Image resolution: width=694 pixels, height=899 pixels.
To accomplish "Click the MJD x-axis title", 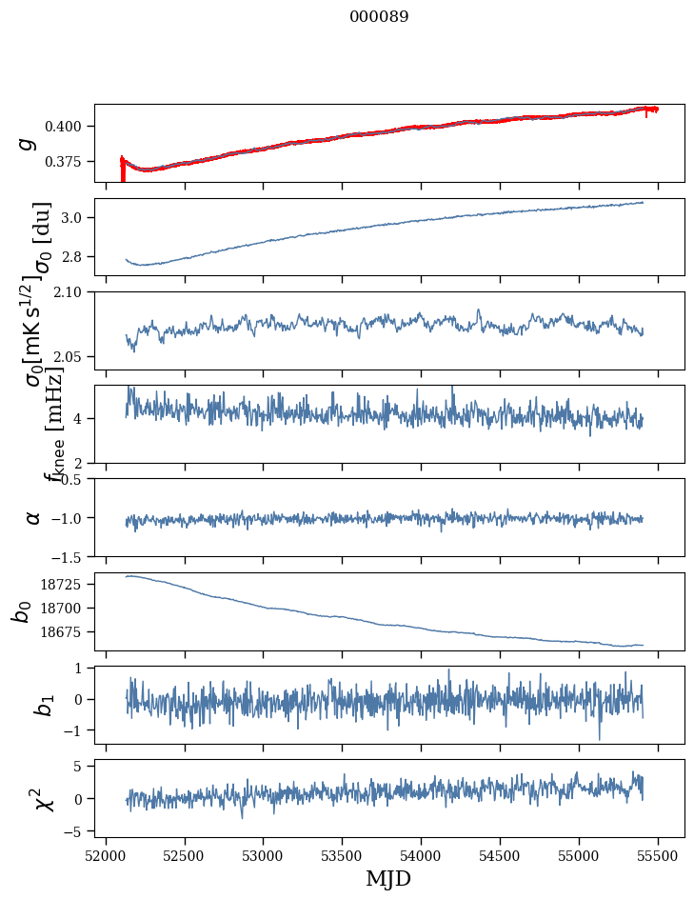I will click(x=388, y=879).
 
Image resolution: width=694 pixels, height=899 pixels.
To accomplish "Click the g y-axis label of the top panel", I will click(x=28, y=143).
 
